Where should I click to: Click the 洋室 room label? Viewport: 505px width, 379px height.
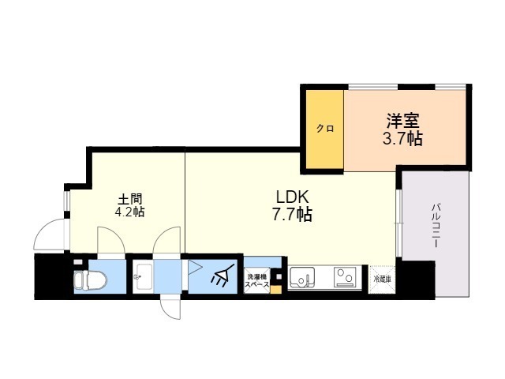[402, 122]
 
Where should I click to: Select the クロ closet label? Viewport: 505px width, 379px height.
[324, 129]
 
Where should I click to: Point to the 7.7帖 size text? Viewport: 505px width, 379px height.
[291, 214]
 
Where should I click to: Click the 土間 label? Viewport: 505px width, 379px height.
[130, 197]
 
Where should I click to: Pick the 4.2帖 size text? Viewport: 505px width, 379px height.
[130, 212]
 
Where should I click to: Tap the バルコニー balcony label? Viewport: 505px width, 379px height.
[435, 227]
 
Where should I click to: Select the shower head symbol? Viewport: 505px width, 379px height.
[223, 277]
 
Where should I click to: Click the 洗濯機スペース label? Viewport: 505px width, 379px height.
[256, 280]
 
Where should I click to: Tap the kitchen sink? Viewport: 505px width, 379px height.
[303, 278]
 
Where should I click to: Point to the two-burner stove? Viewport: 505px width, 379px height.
[344, 278]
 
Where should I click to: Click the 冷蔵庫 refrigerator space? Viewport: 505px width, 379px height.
[380, 279]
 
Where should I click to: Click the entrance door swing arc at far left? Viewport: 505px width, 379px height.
[49, 235]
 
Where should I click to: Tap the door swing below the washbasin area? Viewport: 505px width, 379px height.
[170, 305]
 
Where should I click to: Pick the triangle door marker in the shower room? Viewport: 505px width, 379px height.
[193, 268]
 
